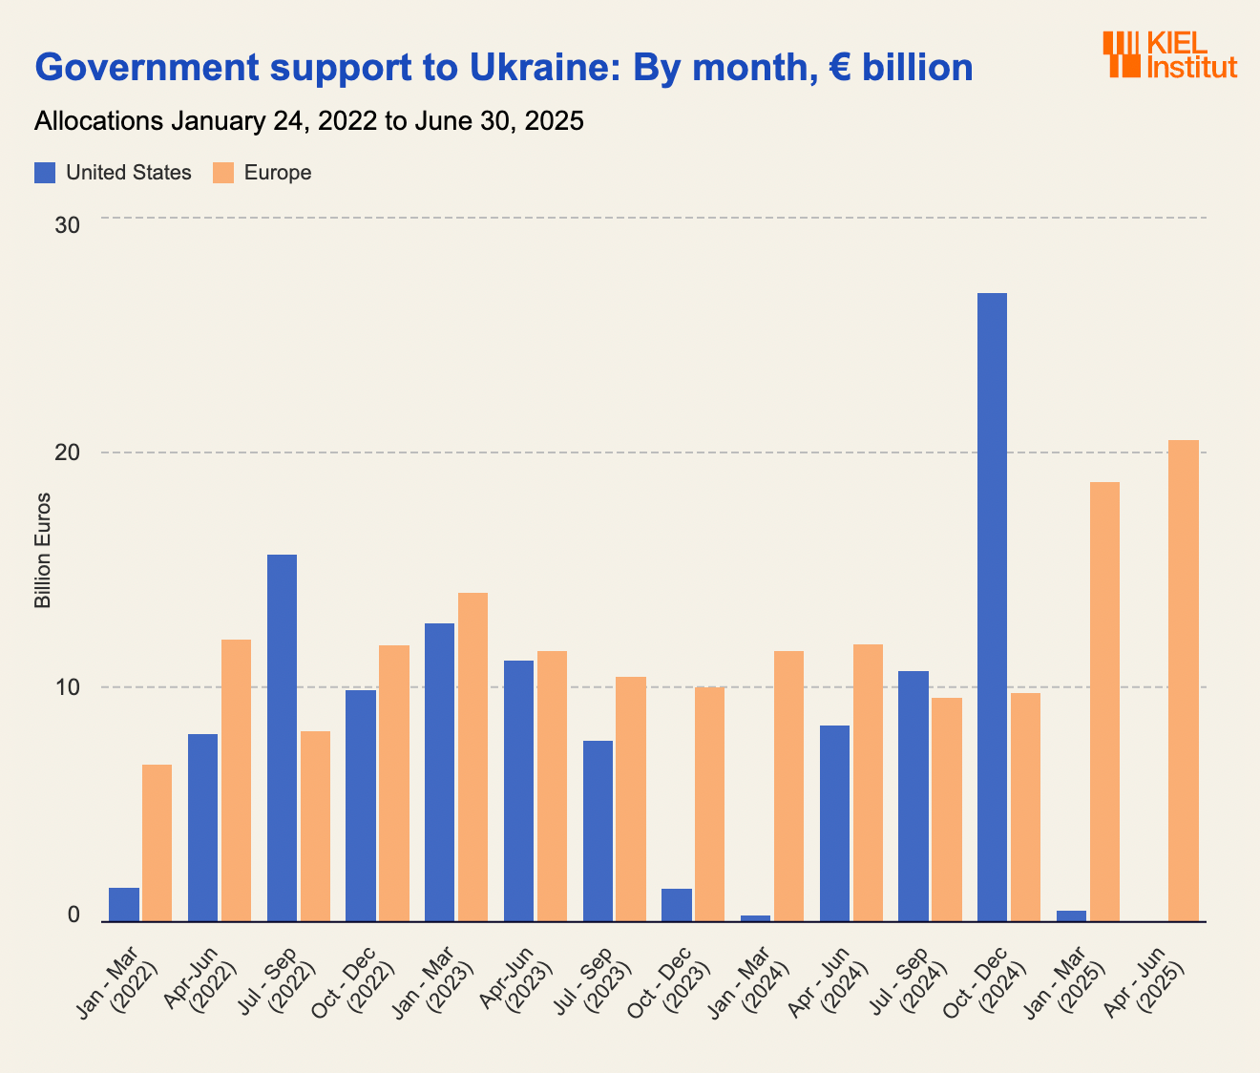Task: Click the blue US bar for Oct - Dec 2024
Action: pos(992,607)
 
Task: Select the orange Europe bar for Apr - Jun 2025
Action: pos(1184,681)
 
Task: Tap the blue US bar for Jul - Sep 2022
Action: pos(282,738)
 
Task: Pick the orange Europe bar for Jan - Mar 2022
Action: pos(157,843)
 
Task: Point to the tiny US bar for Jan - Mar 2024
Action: pos(755,918)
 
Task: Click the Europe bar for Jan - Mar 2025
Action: pos(1104,702)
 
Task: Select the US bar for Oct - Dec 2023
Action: pos(676,905)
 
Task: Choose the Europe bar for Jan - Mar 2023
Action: pos(472,757)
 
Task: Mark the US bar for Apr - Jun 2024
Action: pos(834,823)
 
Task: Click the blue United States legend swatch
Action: pos(45,173)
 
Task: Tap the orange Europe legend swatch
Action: pos(223,173)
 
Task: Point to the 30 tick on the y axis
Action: pos(67,225)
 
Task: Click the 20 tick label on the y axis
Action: pos(67,453)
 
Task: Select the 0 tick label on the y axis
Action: pos(73,915)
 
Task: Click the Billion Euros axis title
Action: pos(43,552)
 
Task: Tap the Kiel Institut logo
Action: pos(1169,54)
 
